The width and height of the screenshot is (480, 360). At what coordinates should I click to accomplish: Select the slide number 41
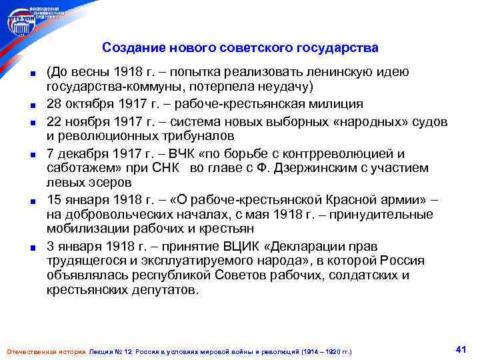click(x=459, y=349)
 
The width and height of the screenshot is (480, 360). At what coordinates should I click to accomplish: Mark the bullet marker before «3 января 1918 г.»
click(x=32, y=246)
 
